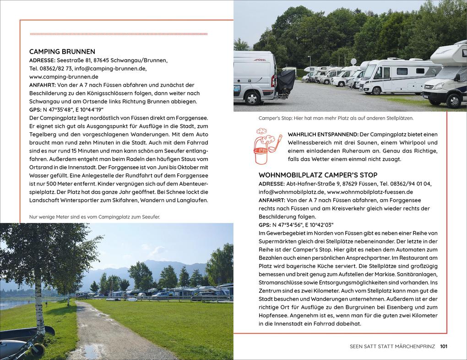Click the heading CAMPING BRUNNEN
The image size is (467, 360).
(62, 52)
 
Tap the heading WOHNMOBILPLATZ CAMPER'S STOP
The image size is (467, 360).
(318, 175)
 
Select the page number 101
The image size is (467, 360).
(443, 346)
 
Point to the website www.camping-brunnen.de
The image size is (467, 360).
(64, 76)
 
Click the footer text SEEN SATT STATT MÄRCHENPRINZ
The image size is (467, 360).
(392, 346)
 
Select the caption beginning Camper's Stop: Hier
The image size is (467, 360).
(336, 118)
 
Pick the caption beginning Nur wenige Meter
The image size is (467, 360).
(94, 217)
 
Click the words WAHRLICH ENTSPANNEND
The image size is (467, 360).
(323, 134)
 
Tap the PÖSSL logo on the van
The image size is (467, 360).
(261, 60)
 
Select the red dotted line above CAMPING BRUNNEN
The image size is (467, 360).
(118, 34)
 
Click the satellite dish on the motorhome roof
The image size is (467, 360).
(353, 62)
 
